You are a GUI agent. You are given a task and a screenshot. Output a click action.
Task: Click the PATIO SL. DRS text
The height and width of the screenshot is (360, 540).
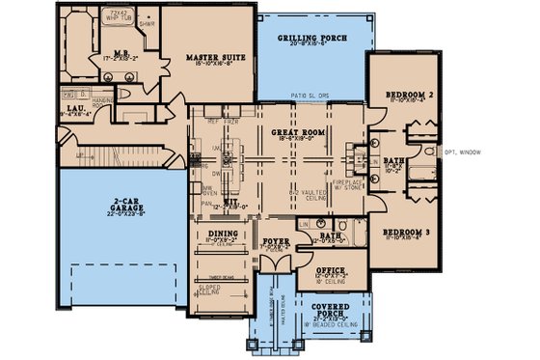click(x=310, y=97)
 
